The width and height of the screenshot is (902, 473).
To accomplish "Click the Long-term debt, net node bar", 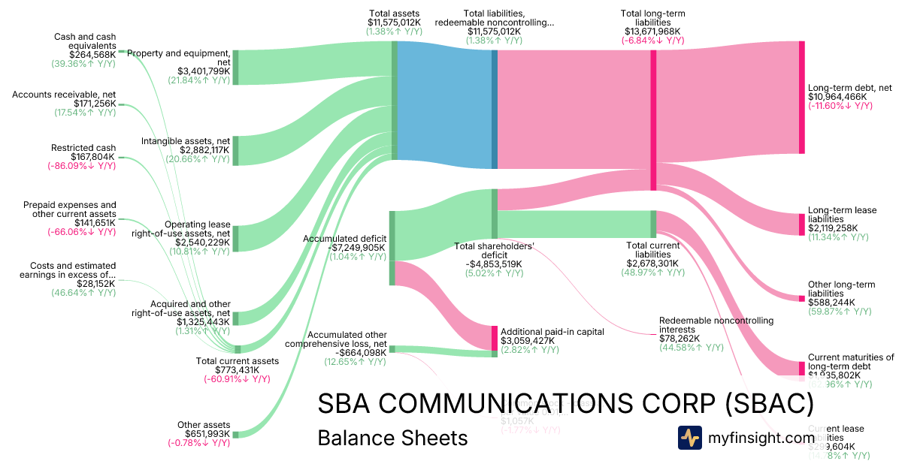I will pos(801,97).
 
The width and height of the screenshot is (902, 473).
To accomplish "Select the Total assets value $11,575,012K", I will pos(395,23).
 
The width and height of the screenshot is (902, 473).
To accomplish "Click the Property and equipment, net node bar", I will pos(235,68).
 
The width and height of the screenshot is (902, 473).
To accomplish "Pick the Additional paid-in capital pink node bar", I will pos(495,338).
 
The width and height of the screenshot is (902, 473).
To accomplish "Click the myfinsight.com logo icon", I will pos(689,438).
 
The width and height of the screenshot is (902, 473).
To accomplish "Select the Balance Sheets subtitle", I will pos(392,438).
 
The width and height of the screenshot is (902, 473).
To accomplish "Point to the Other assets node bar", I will pos(235,434).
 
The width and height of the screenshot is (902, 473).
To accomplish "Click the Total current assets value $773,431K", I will pos(237,370).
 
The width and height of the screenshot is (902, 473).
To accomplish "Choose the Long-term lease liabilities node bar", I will pos(801,224).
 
